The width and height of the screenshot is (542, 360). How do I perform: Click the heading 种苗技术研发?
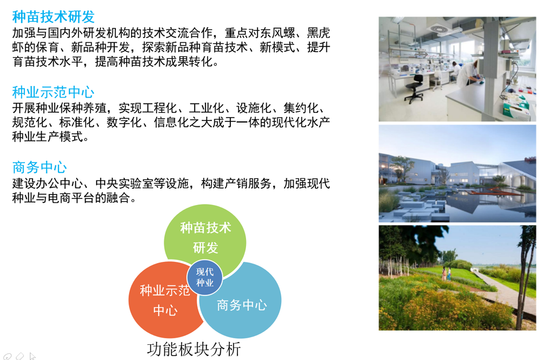[x=53, y=17]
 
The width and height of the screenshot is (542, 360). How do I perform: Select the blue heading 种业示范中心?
[x=53, y=92]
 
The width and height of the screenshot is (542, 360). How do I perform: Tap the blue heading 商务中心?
[x=40, y=166]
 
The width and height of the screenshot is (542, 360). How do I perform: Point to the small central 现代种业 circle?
[x=205, y=277]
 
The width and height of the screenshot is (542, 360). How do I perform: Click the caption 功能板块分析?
[x=194, y=349]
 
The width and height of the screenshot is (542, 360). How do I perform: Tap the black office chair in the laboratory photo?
[x=415, y=87]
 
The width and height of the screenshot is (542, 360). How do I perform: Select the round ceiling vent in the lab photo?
[x=437, y=28]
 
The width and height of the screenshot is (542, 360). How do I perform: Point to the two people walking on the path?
[x=446, y=274]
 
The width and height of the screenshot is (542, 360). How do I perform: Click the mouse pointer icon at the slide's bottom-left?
[x=32, y=356]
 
